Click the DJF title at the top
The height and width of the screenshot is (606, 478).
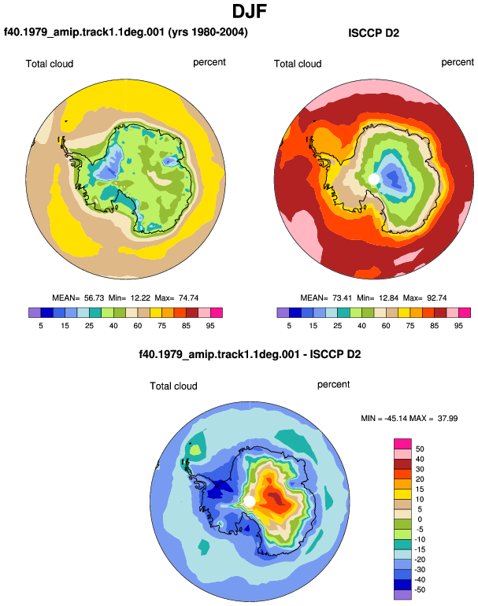250,11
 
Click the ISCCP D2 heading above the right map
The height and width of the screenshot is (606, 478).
373,33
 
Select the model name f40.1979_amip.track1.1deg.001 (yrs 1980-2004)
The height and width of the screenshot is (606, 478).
126,32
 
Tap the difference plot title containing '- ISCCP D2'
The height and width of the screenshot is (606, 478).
250,354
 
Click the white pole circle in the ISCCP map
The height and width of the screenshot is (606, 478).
373,179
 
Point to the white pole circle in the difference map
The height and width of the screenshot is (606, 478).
250,501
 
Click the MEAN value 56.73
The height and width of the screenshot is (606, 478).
94,298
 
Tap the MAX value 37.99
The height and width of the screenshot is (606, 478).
447,418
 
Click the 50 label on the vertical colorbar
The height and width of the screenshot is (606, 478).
420,449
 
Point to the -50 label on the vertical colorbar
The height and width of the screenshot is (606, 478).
419,589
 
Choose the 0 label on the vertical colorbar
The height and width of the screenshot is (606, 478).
420,519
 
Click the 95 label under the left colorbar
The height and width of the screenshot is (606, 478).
210,326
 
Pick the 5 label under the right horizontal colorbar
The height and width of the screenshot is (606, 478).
289,326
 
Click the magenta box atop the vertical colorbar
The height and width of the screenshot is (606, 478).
402,444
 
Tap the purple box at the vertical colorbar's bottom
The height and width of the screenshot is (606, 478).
402,594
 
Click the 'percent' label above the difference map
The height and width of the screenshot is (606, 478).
333,385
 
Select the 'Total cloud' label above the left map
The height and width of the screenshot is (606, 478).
50,64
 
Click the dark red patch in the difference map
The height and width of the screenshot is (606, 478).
277,497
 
